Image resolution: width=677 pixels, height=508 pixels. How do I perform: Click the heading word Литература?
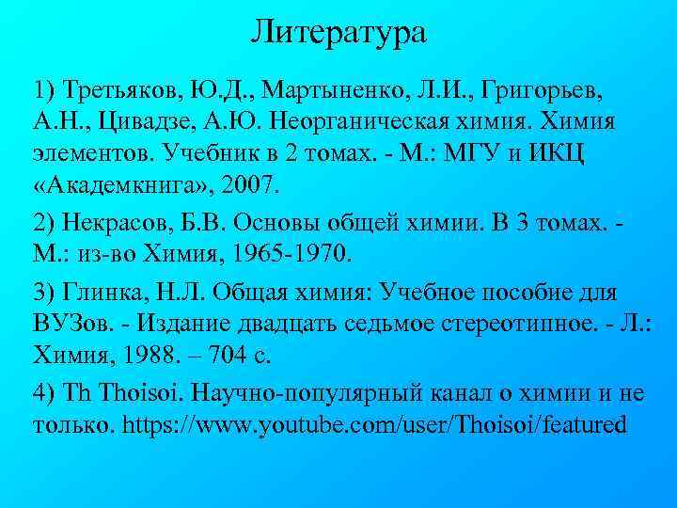pos(338,33)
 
